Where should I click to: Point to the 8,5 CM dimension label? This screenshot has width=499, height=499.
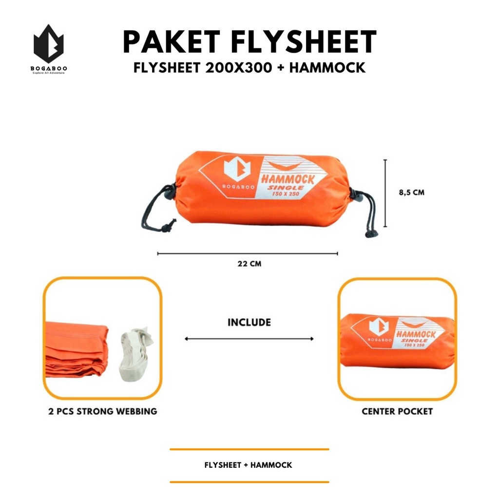click(411, 192)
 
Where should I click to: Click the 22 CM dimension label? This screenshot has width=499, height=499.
click(249, 264)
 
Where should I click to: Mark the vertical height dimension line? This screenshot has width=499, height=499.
click(385, 193)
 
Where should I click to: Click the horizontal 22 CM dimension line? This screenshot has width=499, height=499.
click(248, 253)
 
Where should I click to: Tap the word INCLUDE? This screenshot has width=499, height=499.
click(249, 323)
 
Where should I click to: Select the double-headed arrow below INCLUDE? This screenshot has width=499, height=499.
click(249, 339)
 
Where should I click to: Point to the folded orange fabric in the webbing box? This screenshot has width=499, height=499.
click(76, 348)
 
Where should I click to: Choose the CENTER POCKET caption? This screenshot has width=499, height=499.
click(397, 411)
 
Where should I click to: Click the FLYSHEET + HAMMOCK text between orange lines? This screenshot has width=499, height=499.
click(249, 465)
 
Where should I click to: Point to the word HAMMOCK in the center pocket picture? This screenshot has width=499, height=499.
click(415, 335)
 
